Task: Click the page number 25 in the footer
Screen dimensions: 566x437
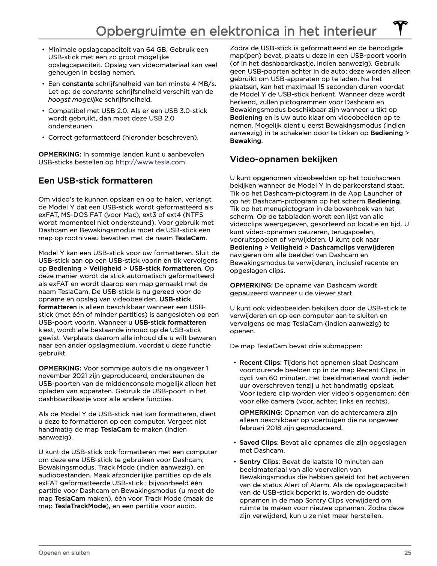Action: pyautogui.click(x=407, y=552)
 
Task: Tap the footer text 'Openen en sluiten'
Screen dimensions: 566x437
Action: pyautogui.click(x=64, y=552)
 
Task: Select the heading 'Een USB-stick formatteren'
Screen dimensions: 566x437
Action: pyautogui.click(x=96, y=181)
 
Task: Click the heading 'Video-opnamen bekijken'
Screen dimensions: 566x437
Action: pyautogui.click(x=284, y=159)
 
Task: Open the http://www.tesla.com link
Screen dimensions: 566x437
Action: pyautogui.click(x=150, y=162)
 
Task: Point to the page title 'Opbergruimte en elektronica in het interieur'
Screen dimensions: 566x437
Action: pyautogui.click(x=236, y=31)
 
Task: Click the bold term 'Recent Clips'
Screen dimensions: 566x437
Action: pyautogui.click(x=260, y=363)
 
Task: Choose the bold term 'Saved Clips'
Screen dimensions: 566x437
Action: pyautogui.click(x=258, y=443)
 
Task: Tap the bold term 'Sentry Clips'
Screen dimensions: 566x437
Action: pyautogui.click(x=259, y=462)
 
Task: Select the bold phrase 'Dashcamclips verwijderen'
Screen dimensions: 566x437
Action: pyautogui.click(x=352, y=247)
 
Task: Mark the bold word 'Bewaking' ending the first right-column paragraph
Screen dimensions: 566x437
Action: pyautogui.click(x=245, y=141)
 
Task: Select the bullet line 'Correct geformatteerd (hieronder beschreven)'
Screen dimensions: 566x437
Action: pyautogui.click(x=123, y=137)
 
